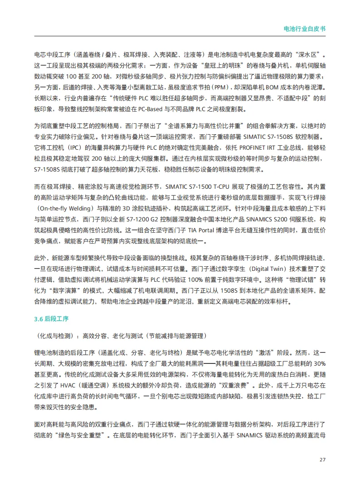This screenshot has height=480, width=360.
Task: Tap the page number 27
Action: click(x=322, y=459)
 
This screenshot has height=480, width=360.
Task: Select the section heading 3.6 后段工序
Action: click(x=51, y=319)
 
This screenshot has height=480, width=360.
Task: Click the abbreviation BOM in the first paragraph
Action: click(x=263, y=86)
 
